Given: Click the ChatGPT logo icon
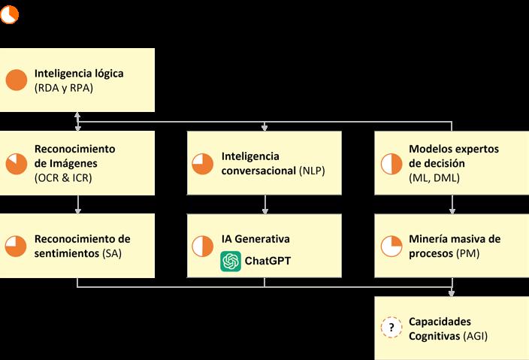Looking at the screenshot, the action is pos(231,261).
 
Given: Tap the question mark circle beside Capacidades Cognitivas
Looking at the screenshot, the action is pos(391,328).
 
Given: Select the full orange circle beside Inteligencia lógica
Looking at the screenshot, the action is pos(17,80).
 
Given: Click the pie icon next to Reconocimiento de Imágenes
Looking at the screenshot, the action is pos(17,163).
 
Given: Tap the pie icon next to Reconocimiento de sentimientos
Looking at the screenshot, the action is pos(17,246).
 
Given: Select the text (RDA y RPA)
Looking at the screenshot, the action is pos(64,88).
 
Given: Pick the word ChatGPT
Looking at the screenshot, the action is pos(267,261).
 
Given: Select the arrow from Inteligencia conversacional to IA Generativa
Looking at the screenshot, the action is pos(264,204).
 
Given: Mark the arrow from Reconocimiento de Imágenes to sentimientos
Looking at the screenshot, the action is pos(77,204).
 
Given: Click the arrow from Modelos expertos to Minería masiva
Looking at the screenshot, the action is pos(452,204).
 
